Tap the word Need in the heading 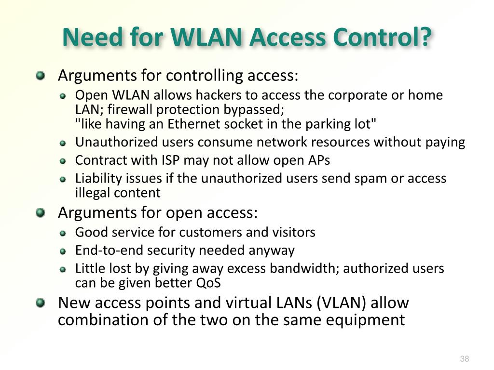(x=92, y=38)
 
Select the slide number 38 (x=465, y=359)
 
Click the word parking (x=328, y=124)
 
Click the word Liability (x=98, y=178)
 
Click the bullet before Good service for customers (x=63, y=233)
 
